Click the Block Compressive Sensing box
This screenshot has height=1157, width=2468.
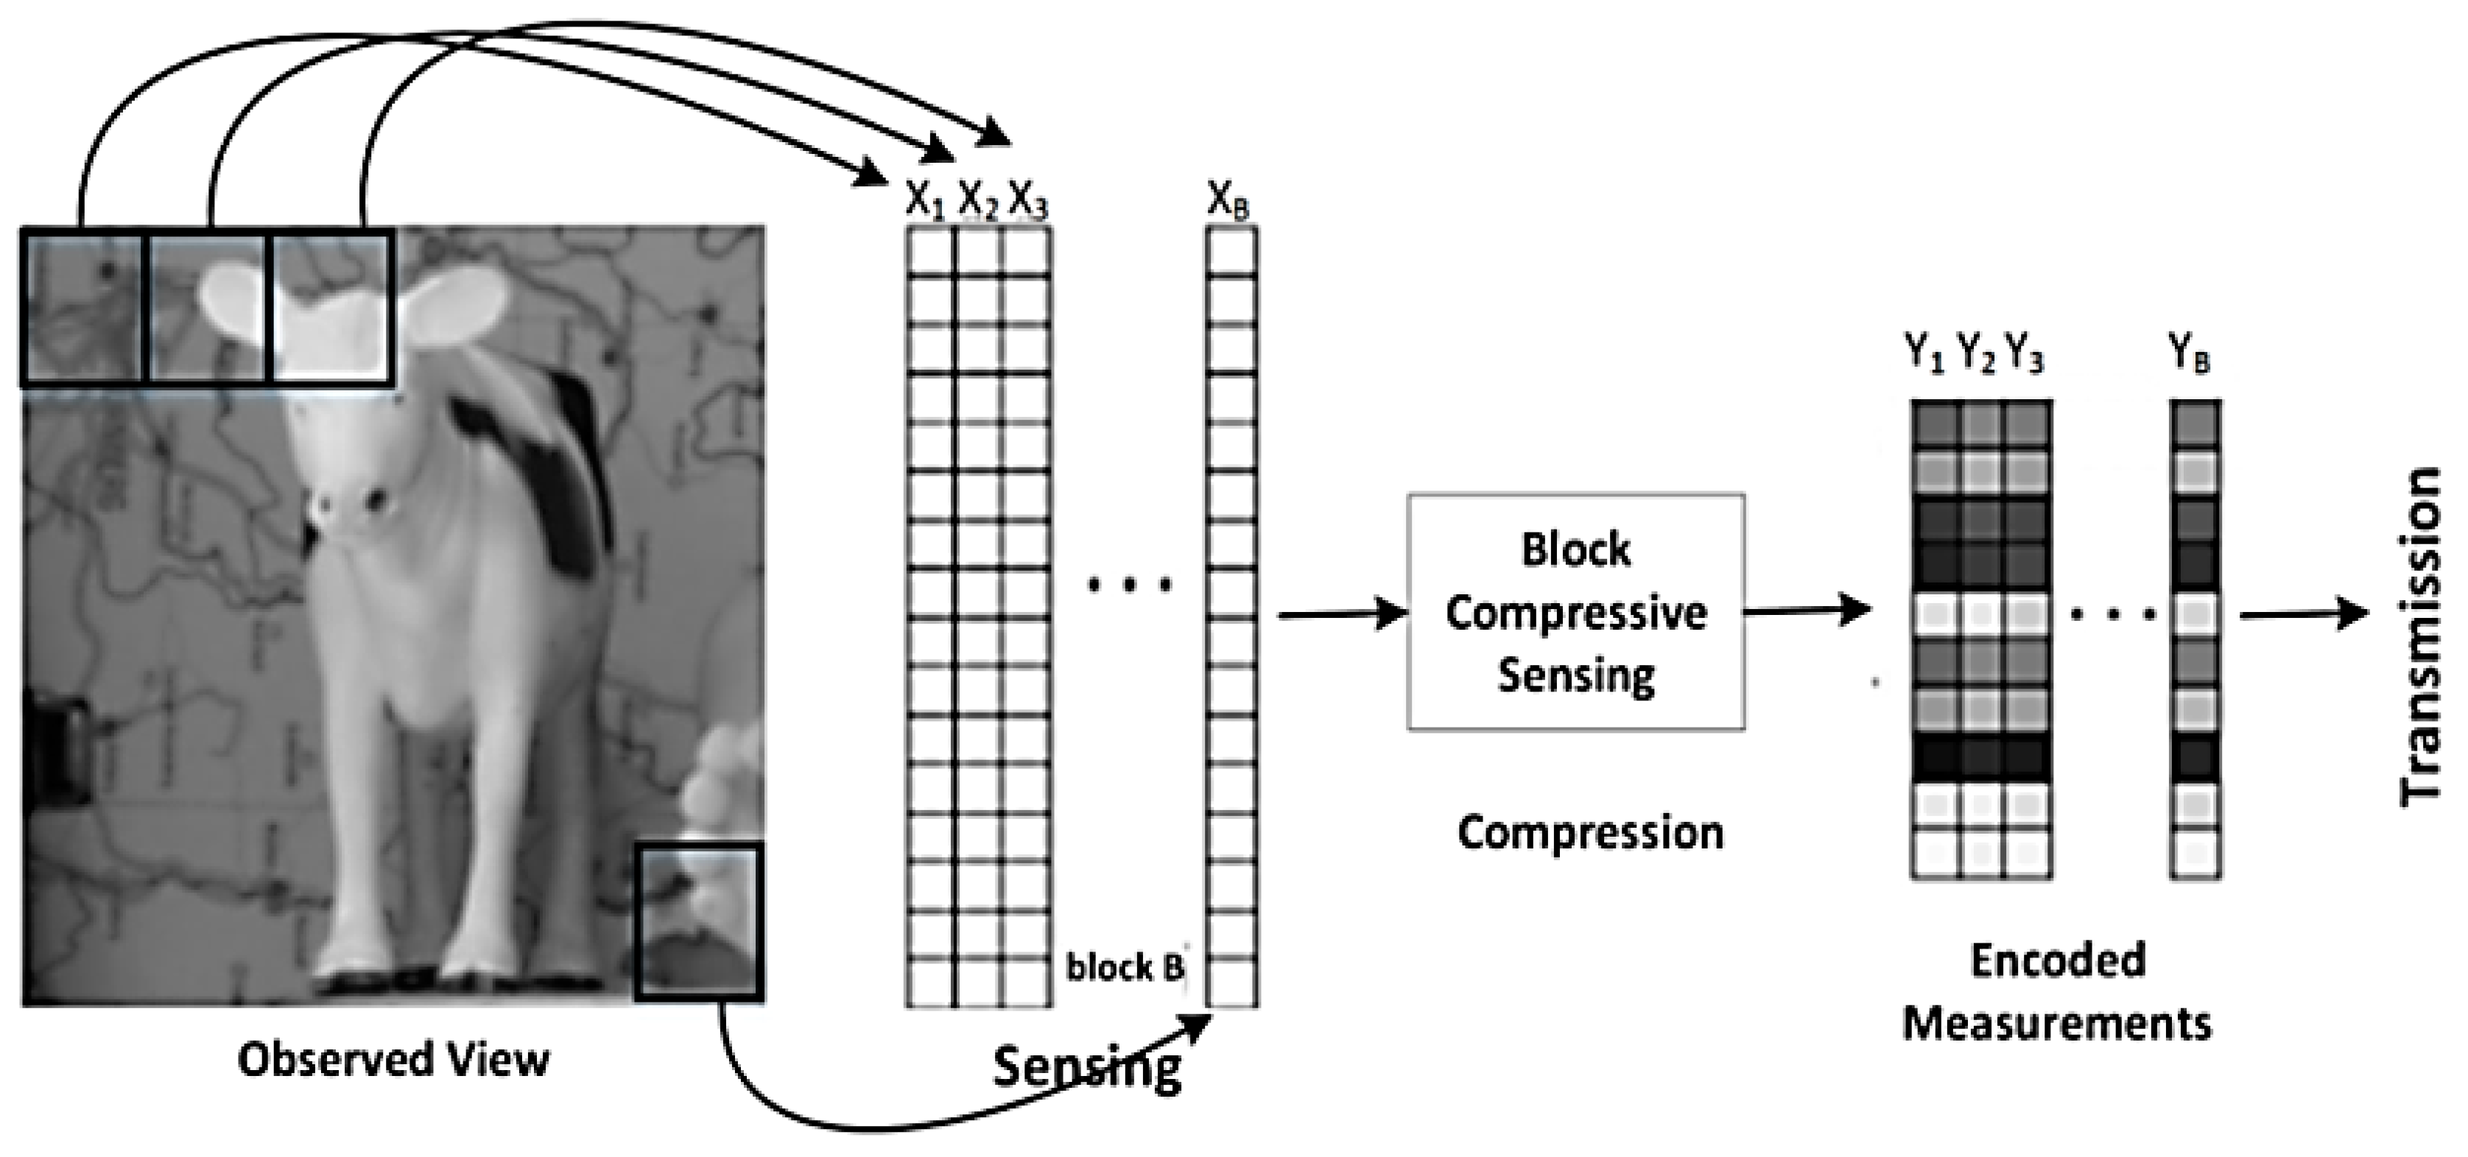click(1575, 612)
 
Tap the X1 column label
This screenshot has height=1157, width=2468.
click(924, 201)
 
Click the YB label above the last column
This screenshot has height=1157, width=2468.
click(2189, 354)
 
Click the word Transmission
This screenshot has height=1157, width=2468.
click(2420, 637)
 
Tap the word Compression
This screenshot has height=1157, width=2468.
click(1590, 832)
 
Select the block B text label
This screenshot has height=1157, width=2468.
click(1125, 968)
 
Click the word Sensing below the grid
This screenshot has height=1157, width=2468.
click(1086, 1067)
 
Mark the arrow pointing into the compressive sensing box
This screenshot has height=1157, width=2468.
click(1341, 613)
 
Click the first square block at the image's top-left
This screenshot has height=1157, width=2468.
click(82, 307)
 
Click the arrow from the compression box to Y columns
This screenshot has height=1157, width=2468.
click(1807, 609)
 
